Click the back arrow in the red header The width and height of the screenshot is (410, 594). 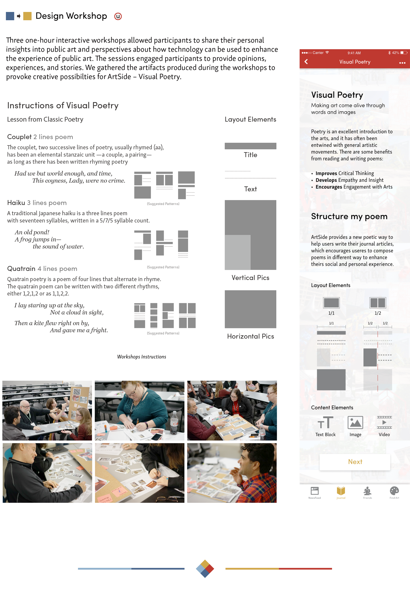point(306,62)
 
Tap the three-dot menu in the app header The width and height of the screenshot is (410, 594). point(402,63)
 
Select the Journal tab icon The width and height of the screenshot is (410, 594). point(341,491)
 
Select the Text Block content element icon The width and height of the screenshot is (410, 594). point(325,422)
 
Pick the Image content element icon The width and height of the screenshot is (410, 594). point(355,422)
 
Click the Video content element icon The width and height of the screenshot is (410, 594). point(384,422)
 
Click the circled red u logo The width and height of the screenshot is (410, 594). point(118,16)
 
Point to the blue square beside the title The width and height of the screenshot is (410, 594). point(10,16)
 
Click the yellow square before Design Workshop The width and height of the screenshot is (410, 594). point(27,16)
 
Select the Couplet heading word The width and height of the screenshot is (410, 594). point(19,137)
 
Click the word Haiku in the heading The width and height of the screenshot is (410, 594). point(16,202)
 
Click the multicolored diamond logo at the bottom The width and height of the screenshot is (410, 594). point(205,569)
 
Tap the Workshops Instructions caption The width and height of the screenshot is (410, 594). point(142,357)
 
